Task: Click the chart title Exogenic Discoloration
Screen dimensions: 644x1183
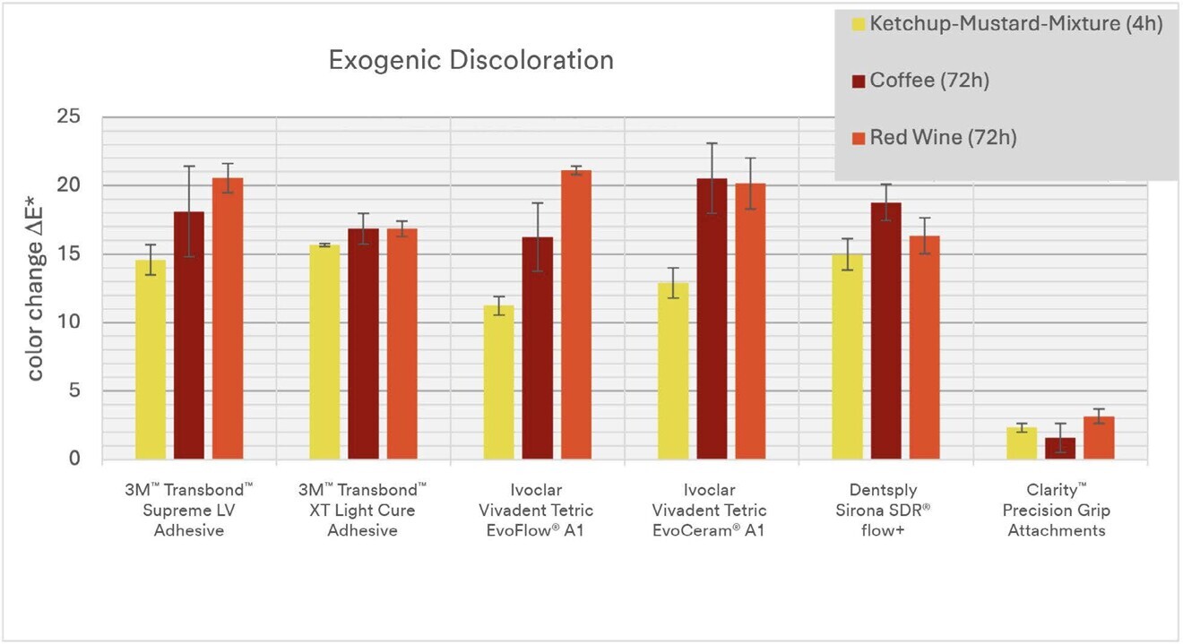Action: click(471, 60)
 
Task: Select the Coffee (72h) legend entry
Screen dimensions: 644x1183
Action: click(929, 81)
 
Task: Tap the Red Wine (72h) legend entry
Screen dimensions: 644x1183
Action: click(943, 137)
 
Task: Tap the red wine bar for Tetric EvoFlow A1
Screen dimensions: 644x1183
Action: click(575, 315)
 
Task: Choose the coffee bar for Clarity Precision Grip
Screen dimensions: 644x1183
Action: click(1060, 449)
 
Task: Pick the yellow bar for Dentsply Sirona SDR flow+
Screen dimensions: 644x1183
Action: click(847, 357)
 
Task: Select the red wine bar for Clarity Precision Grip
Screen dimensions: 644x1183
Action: click(1099, 438)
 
